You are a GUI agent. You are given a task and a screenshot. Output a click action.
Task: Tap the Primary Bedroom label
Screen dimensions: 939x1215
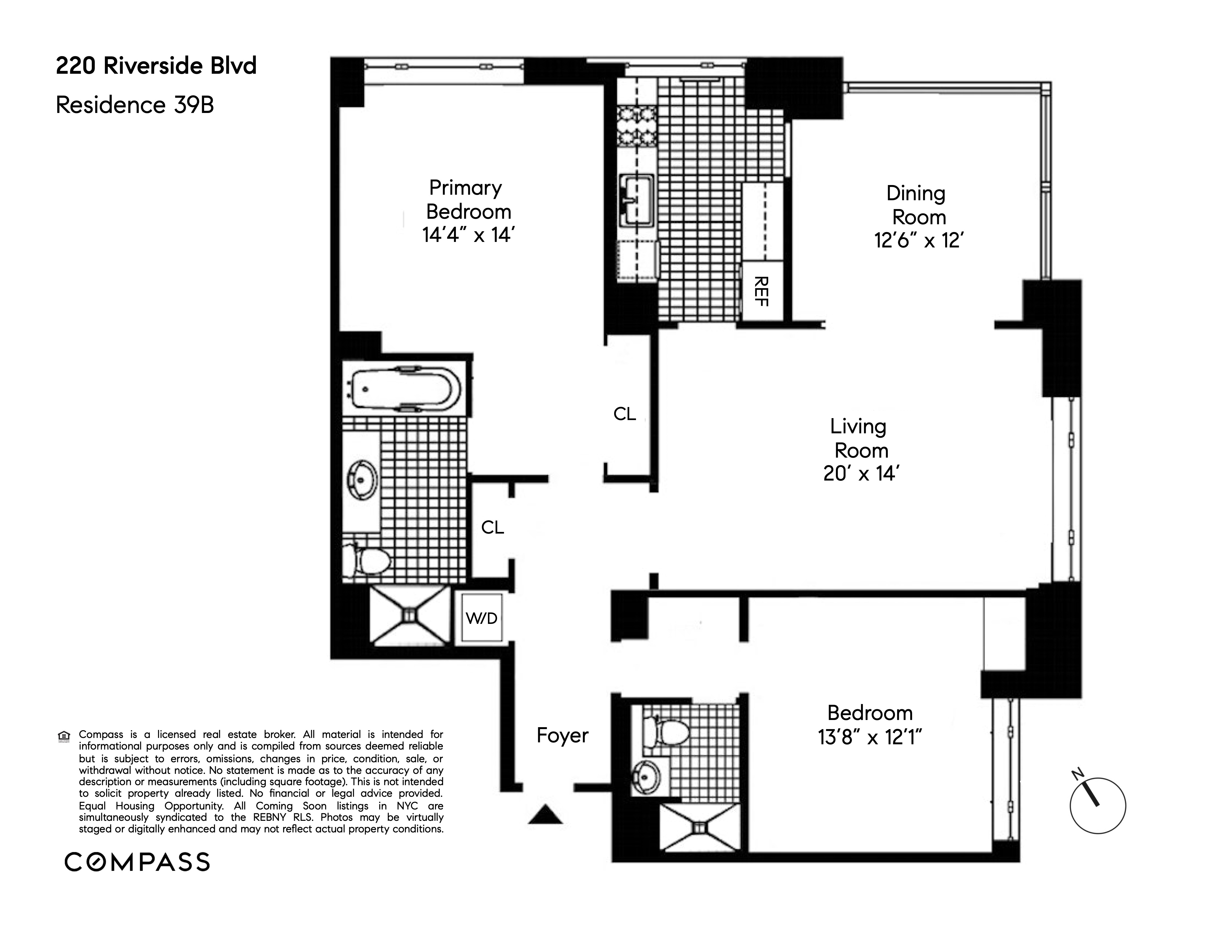point(467,200)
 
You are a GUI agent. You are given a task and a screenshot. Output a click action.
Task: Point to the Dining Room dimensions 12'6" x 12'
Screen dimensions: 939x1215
point(918,240)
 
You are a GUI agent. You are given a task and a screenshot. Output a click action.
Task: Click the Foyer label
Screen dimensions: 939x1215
point(562,735)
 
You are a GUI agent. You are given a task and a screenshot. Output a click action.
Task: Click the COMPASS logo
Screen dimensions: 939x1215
point(137,862)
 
